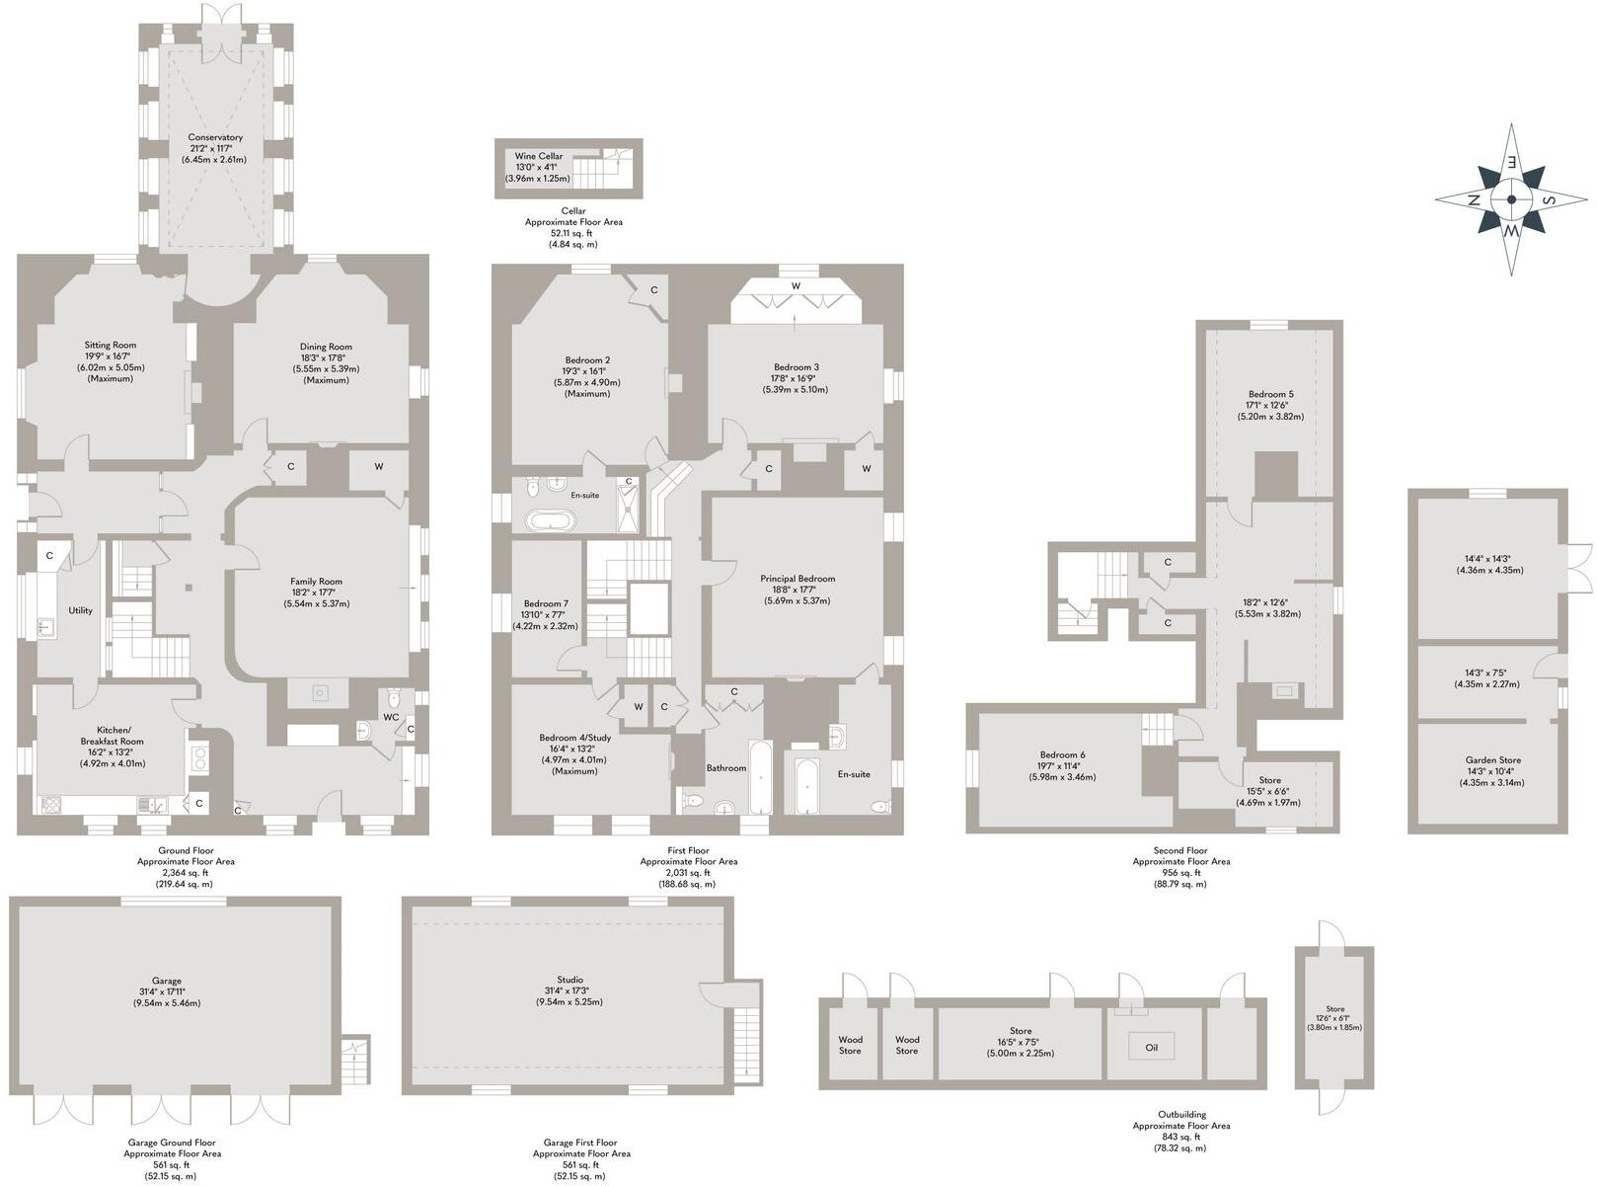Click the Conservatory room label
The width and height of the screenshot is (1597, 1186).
(x=215, y=138)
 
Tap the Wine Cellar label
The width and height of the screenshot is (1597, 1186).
(x=539, y=156)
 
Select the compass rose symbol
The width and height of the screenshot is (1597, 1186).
(x=1510, y=198)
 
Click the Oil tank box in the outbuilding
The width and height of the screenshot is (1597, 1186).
(x=1151, y=1047)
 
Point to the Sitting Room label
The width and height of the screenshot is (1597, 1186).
(x=110, y=346)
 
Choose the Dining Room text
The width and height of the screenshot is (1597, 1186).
(x=326, y=347)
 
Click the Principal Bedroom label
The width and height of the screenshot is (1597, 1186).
(x=797, y=579)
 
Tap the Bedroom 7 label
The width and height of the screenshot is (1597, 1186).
(x=546, y=603)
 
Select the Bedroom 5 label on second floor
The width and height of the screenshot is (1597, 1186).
(x=1269, y=394)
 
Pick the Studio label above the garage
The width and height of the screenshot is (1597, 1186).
(x=569, y=980)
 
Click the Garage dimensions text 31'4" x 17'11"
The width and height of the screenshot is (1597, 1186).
(x=167, y=991)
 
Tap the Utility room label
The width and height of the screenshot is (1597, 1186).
(x=80, y=610)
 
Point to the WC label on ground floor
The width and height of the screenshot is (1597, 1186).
(x=391, y=717)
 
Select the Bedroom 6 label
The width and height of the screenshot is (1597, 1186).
(x=1061, y=754)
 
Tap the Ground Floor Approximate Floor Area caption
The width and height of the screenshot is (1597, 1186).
(x=186, y=861)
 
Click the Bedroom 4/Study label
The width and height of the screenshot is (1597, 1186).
(x=574, y=738)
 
